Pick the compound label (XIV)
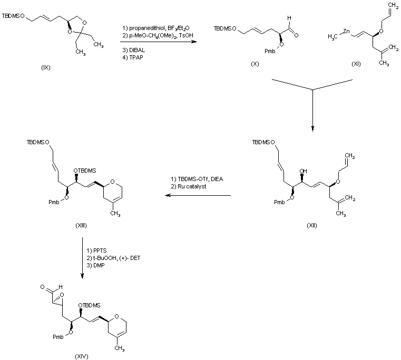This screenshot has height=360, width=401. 82,356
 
